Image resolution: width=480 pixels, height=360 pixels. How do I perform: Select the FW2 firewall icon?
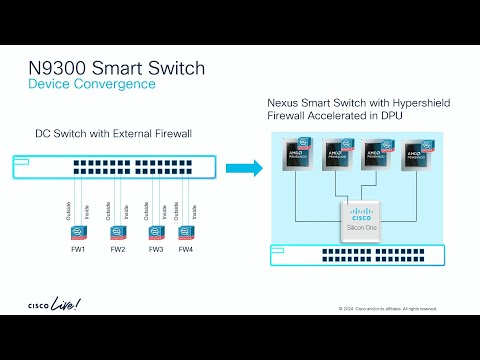(x=118, y=231)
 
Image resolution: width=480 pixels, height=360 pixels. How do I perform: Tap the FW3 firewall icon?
(x=155, y=231)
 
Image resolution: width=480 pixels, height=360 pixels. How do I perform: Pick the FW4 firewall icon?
(x=185, y=231)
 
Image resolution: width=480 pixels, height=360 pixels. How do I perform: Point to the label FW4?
(x=185, y=248)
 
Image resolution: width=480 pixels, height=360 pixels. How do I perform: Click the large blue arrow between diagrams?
(x=243, y=166)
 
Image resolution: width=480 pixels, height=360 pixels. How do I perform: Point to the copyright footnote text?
(x=387, y=308)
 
